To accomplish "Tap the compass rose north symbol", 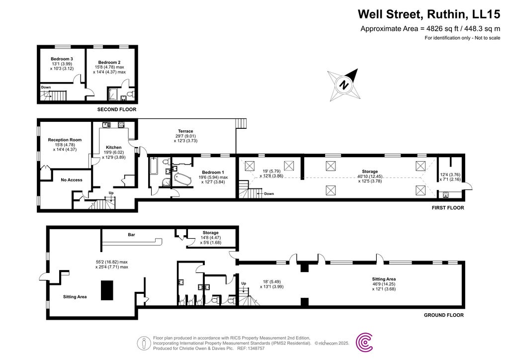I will click(x=343, y=84).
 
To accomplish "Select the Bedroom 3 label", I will click(x=62, y=59).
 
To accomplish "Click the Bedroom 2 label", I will click(x=109, y=62).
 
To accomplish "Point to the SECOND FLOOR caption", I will click(x=116, y=109).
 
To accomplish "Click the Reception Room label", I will click(x=65, y=140).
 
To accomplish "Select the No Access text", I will click(x=72, y=180).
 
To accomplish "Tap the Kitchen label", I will click(x=113, y=147).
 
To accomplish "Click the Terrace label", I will click(x=186, y=131).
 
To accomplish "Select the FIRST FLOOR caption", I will click(x=447, y=208).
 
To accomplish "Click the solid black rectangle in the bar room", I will click(x=107, y=290).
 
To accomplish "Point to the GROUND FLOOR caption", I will click(x=443, y=315).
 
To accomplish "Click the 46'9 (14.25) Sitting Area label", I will click(x=384, y=279).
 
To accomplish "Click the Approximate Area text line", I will click(x=430, y=29).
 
